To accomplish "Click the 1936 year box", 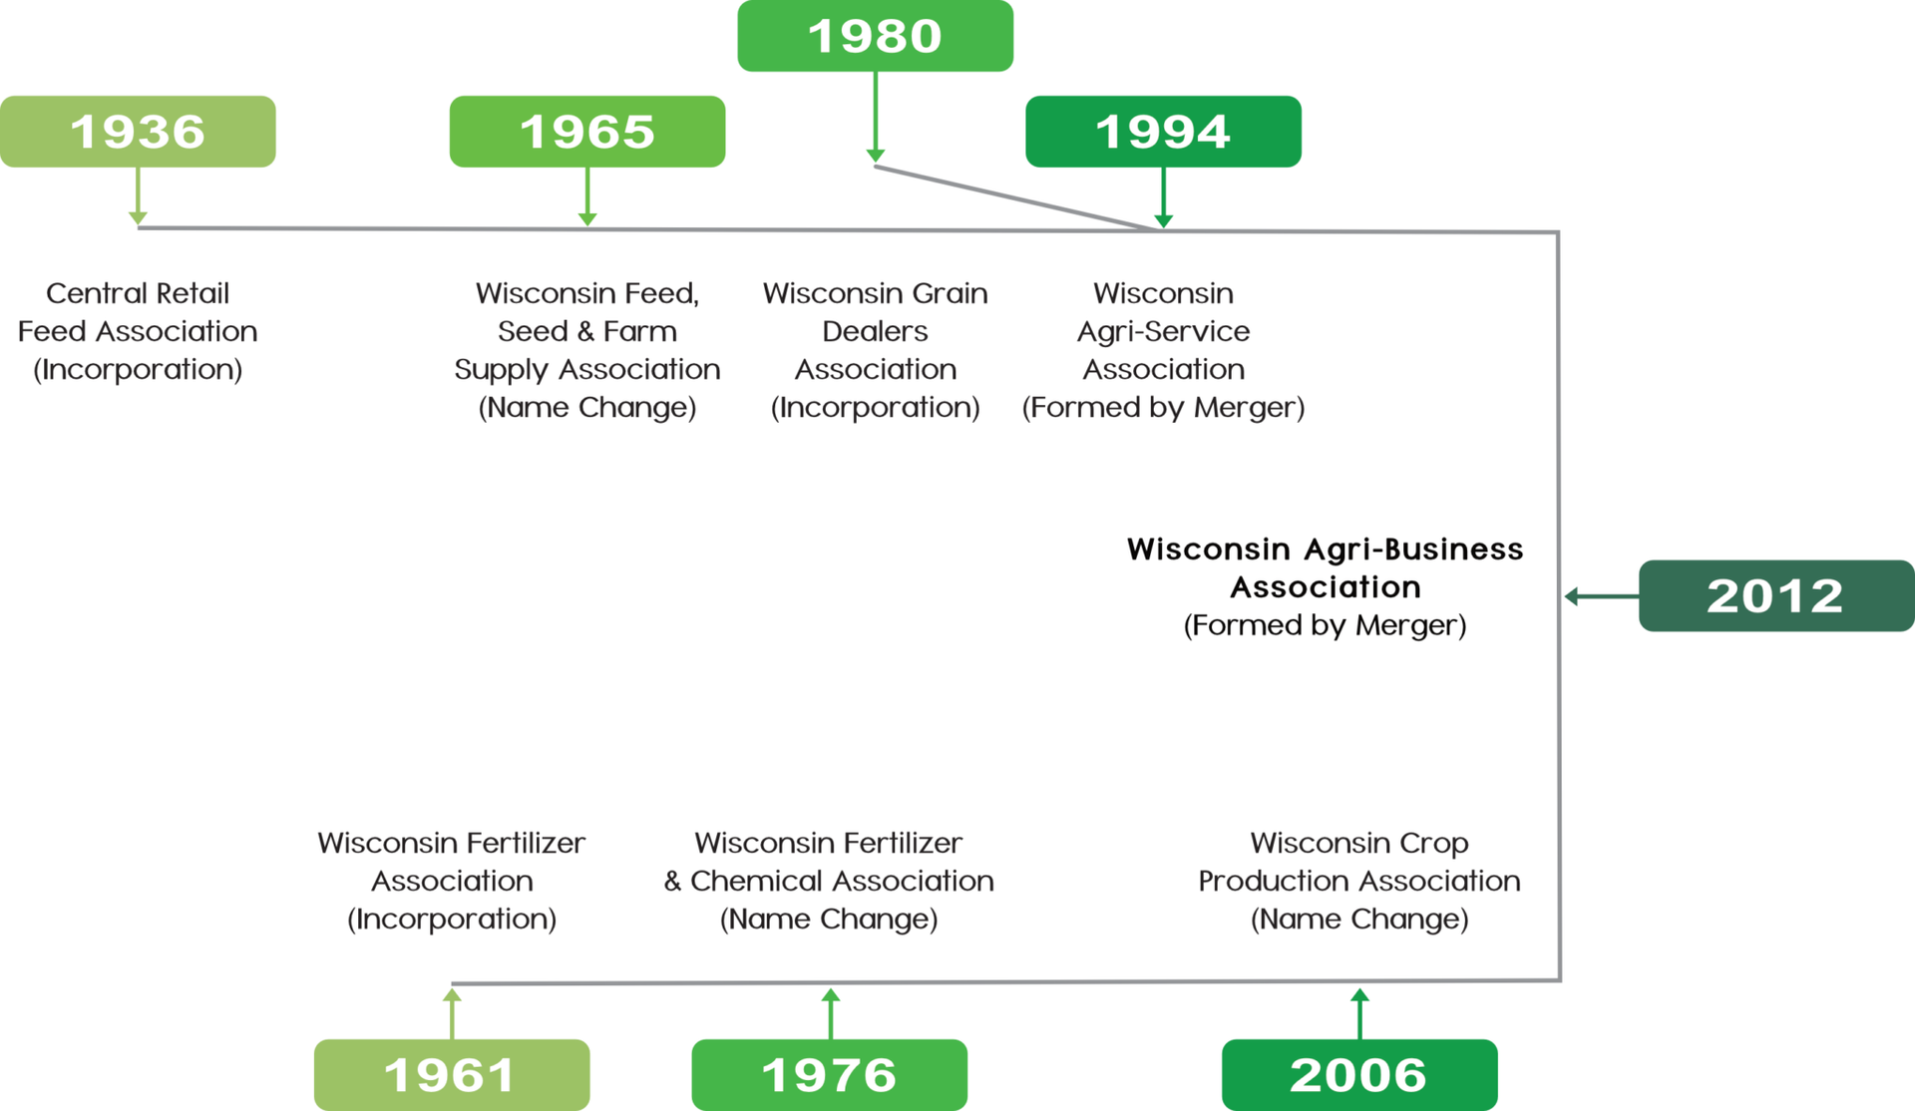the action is [x=138, y=132].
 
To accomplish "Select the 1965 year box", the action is [x=587, y=132].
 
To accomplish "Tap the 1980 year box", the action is [x=876, y=36].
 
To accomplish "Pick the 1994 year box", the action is [x=1163, y=132].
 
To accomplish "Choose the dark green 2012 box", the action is [x=1776, y=595].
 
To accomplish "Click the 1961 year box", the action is [x=452, y=1075].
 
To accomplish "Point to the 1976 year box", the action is [x=830, y=1075].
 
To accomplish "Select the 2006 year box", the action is [x=1359, y=1075].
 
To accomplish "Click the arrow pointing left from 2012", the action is [x=1602, y=596].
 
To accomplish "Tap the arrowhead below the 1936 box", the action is [x=138, y=218].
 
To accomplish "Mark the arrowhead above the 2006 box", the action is [x=1359, y=994].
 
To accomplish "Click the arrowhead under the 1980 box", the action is [x=876, y=156].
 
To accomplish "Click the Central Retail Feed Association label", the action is [x=138, y=331].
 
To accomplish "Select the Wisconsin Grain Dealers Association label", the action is [x=876, y=350].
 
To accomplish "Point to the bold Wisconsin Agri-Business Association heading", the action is [x=1326, y=567].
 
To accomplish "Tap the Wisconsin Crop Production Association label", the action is [x=1359, y=881].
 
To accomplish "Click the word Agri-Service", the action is [x=1163, y=331].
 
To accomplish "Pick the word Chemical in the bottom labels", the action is [x=765, y=881].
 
